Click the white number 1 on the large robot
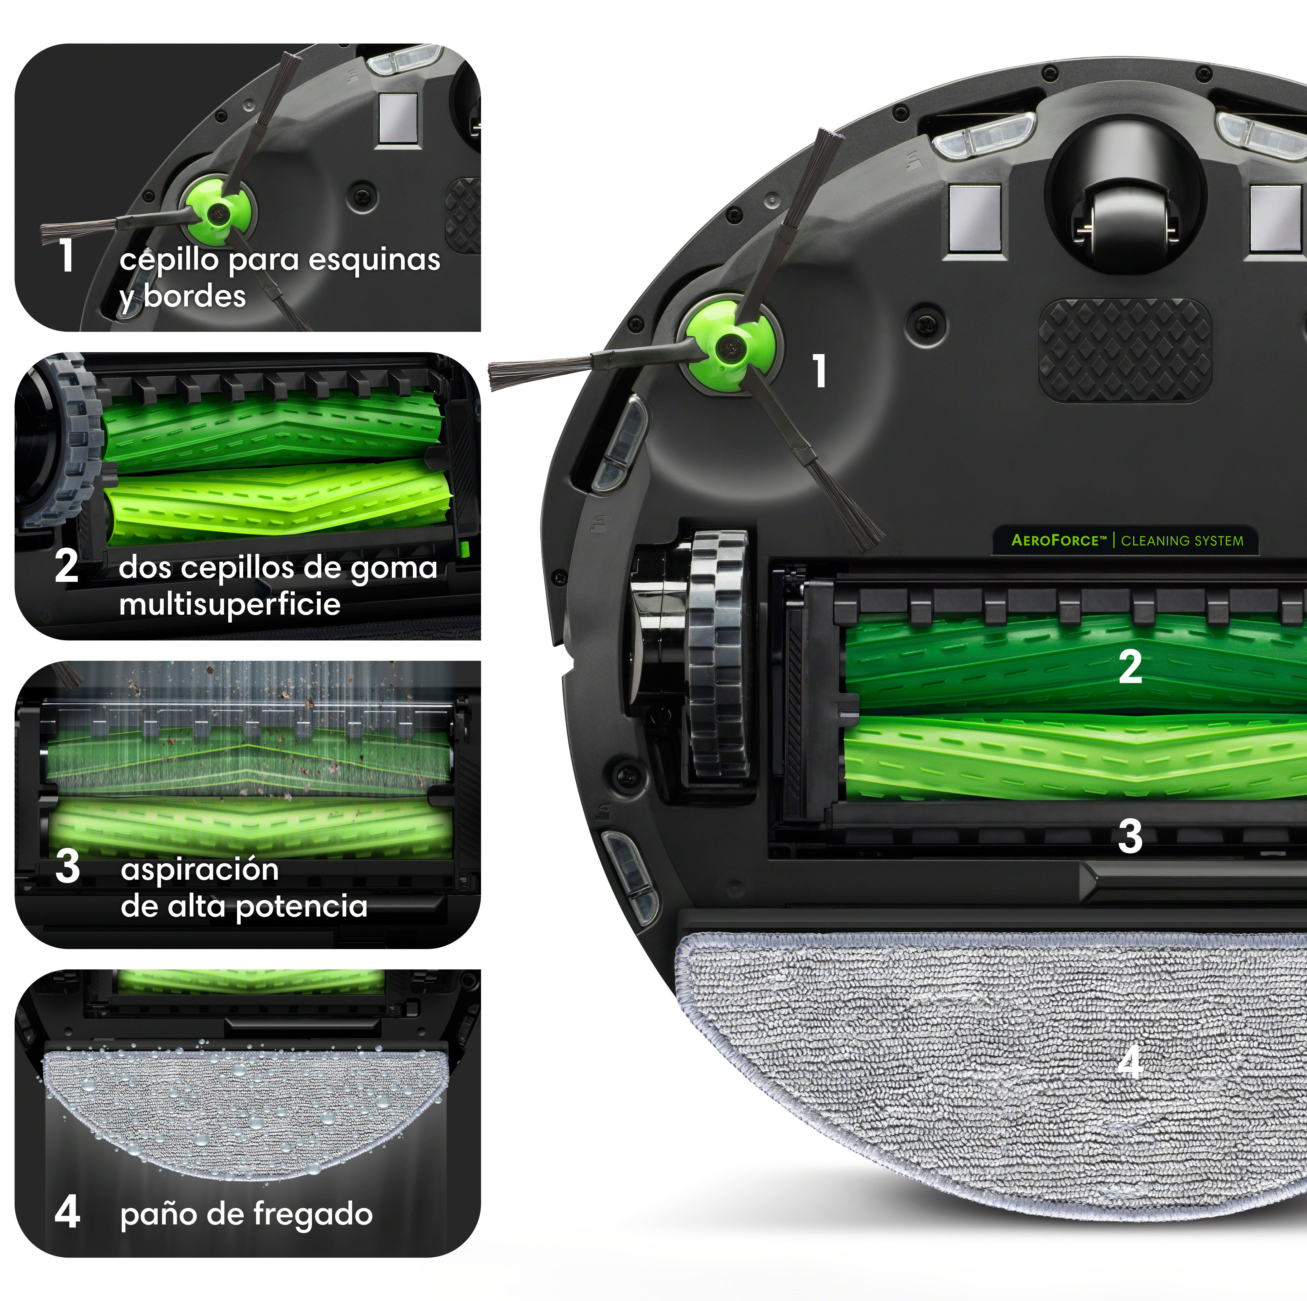pyautogui.click(x=819, y=372)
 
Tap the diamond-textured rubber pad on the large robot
pyautogui.click(x=1125, y=350)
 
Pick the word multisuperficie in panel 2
pyautogui.click(x=230, y=603)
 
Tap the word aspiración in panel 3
pyautogui.click(x=199, y=870)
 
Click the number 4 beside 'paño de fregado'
pyautogui.click(x=67, y=1212)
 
